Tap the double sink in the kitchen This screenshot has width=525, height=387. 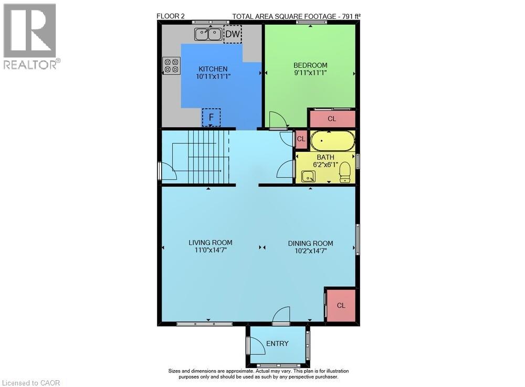click(x=208, y=35)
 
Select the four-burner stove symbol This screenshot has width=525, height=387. click(x=172, y=65)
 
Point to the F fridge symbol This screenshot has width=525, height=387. click(x=211, y=117)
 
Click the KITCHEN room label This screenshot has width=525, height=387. click(x=213, y=69)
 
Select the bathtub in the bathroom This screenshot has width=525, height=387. click(x=332, y=141)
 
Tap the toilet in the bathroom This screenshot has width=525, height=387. click(x=345, y=171)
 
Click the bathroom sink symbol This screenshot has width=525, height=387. click(x=308, y=175)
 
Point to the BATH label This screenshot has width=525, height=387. click(x=325, y=157)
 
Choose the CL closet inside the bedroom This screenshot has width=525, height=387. click(x=332, y=119)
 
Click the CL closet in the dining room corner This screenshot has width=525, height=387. click(x=341, y=305)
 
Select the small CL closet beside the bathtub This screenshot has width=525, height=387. click(x=301, y=139)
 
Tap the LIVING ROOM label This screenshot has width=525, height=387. click(x=211, y=243)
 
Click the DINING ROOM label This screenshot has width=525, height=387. click(x=310, y=243)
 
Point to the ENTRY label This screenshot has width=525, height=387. click(x=277, y=343)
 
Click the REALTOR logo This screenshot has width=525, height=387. click(x=30, y=37)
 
